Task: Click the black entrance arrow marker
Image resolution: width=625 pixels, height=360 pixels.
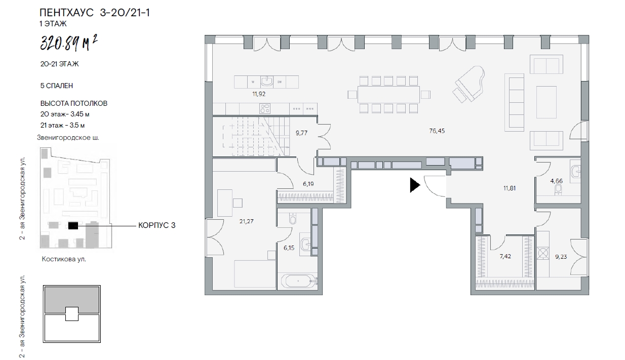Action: (415, 185)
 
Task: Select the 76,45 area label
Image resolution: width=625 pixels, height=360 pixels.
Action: (437, 131)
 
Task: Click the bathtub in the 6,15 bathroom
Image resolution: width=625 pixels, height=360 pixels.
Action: (298, 281)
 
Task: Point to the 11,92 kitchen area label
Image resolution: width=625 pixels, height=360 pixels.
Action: (259, 94)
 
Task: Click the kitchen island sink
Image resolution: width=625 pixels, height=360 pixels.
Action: (267, 82)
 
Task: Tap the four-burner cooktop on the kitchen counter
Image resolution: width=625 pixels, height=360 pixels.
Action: (265, 109)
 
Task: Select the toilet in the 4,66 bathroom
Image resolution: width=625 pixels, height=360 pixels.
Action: (558, 190)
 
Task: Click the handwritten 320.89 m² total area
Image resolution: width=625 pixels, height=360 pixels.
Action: (69, 43)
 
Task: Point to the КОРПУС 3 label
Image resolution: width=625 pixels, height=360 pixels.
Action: (157, 225)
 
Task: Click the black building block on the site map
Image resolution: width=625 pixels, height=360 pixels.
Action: (73, 226)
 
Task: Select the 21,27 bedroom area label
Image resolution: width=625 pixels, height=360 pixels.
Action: (246, 221)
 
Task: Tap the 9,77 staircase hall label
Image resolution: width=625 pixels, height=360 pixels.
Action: (302, 133)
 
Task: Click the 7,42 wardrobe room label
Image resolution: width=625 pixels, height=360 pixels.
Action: (505, 256)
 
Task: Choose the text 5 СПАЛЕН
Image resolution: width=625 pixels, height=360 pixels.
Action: (57, 86)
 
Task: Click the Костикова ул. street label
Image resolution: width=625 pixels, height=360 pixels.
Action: (64, 259)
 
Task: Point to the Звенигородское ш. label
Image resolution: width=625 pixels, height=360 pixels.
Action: (68, 138)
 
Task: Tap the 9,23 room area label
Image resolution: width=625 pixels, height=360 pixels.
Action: (561, 257)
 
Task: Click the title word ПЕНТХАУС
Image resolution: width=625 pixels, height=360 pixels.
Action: (66, 13)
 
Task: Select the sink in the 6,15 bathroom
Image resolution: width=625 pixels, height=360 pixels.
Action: (306, 245)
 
